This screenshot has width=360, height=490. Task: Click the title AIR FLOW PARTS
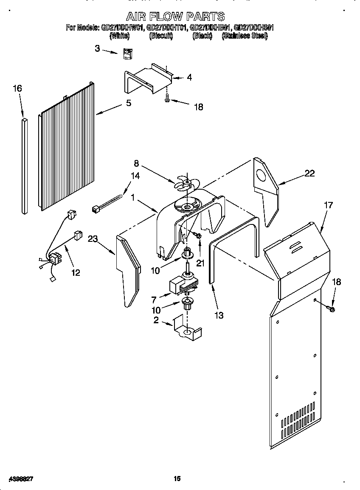pos(176,17)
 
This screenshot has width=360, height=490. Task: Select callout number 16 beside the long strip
pos(17,89)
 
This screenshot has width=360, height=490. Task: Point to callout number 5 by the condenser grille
pos(128,103)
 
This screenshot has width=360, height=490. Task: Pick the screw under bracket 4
pos(167,99)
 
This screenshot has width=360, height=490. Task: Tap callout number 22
pos(309,173)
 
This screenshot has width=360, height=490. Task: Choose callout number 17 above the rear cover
pos(328,205)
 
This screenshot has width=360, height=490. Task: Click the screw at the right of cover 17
pos(332,308)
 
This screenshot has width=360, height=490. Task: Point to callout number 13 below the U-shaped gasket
pos(219,315)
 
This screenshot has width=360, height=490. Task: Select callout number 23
pos(93,238)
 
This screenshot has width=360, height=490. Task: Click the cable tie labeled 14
pos(108,203)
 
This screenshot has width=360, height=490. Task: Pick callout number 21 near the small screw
pos(200,263)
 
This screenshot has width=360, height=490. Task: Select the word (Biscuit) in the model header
pos(161,36)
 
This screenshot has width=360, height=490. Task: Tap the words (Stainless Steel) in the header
pos(245,36)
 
